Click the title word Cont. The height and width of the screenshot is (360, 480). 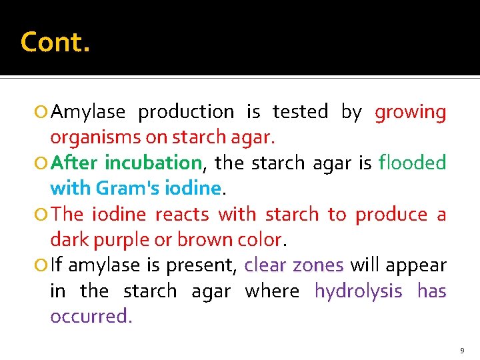(55, 42)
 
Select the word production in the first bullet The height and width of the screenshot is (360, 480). (185, 112)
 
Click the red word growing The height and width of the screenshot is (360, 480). (410, 112)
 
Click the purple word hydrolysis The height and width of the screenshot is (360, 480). (359, 291)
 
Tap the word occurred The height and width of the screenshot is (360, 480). (90, 316)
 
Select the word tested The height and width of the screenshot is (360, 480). (300, 112)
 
